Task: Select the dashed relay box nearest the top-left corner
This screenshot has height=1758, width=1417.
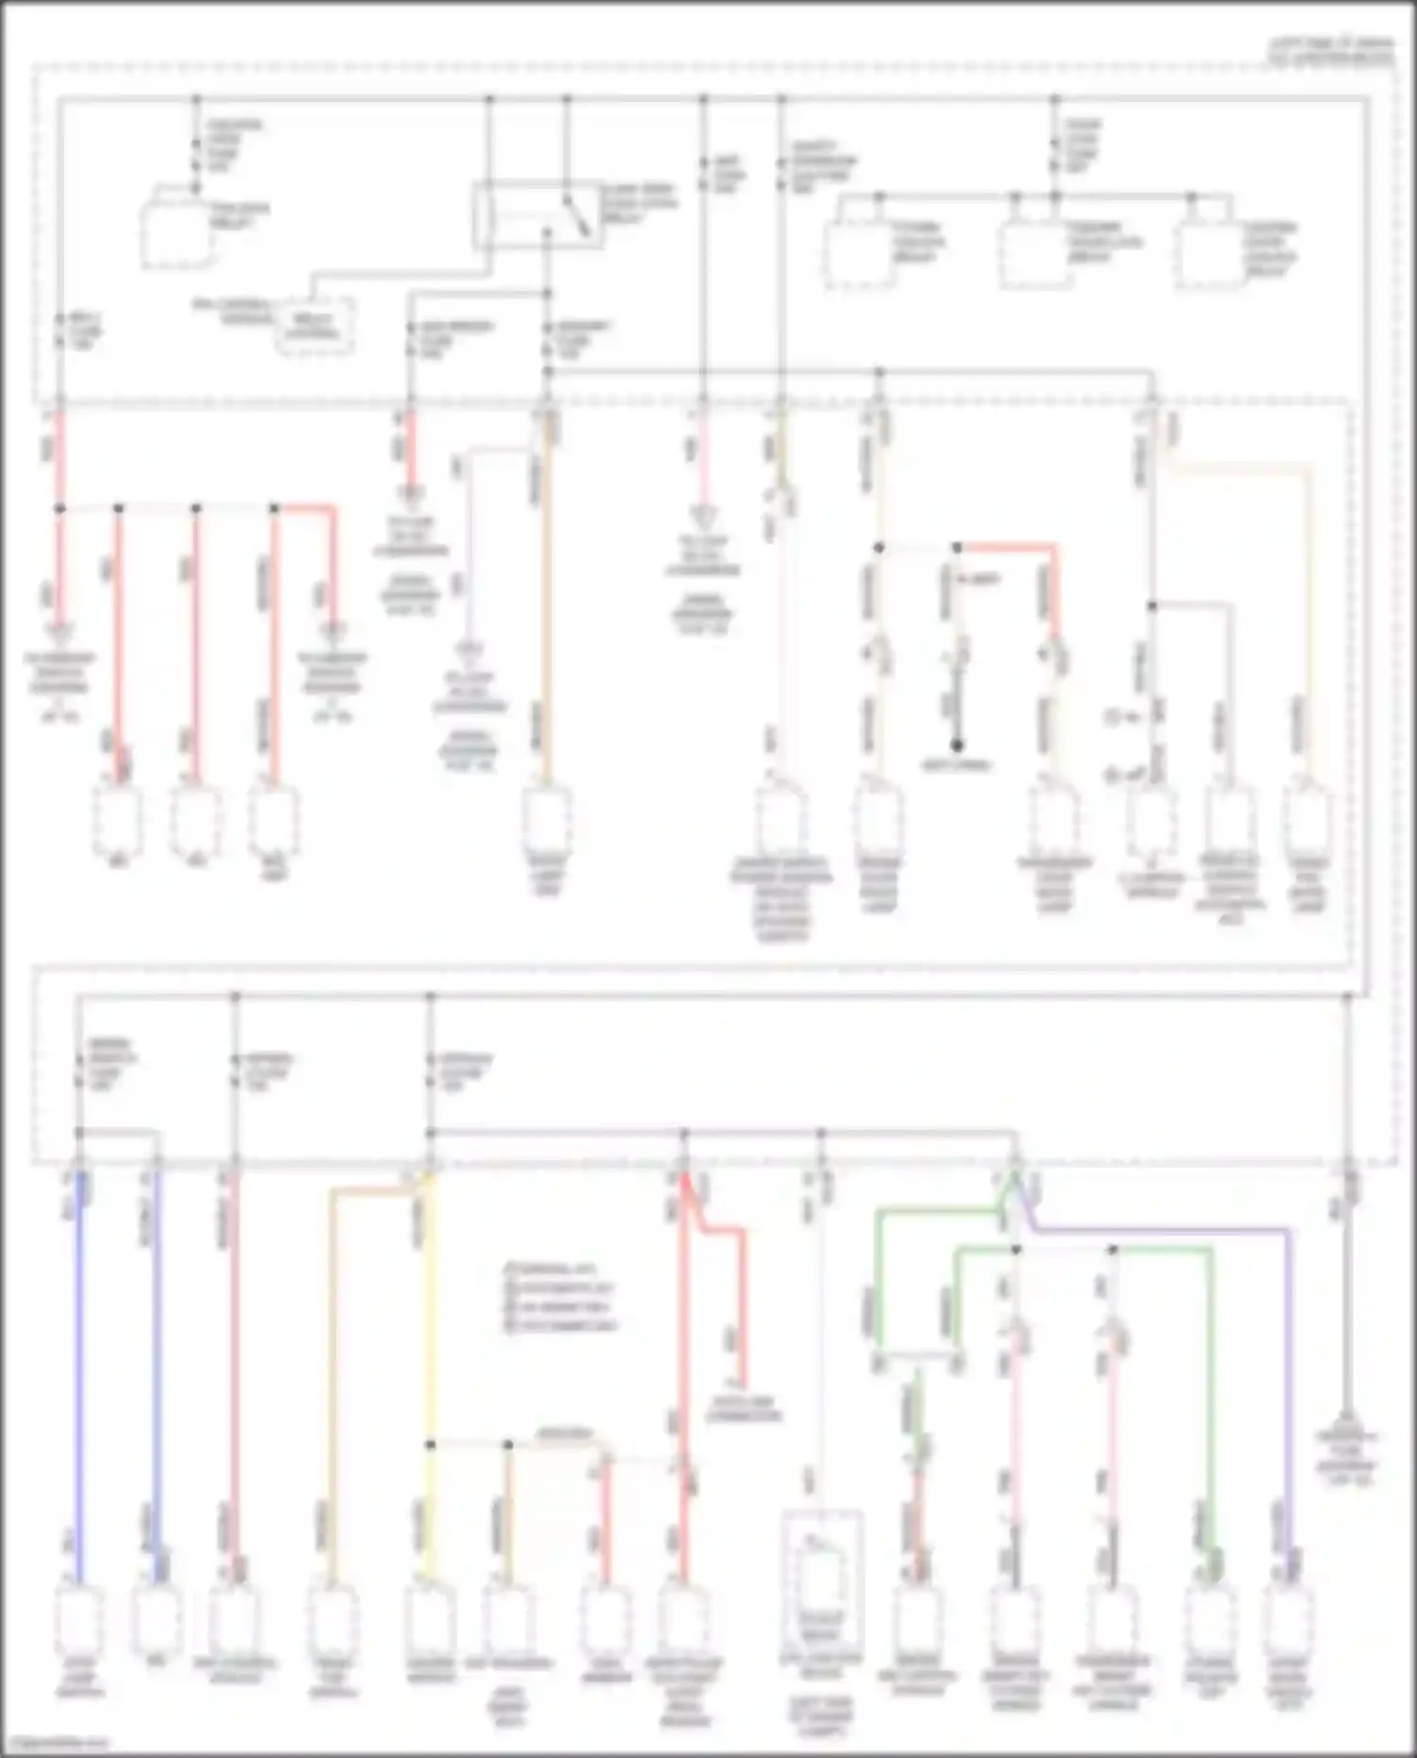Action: [x=176, y=231]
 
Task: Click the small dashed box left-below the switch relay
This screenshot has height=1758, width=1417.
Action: [x=315, y=326]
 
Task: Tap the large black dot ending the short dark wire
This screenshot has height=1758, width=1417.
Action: [x=956, y=745]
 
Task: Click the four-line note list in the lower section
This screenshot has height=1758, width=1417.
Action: [x=560, y=1296]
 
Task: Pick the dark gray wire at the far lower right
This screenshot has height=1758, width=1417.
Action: [x=1348, y=1323]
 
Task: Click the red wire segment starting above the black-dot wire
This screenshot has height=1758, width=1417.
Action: [x=1006, y=547]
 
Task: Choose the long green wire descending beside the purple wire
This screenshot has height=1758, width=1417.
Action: [x=1209, y=1398]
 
